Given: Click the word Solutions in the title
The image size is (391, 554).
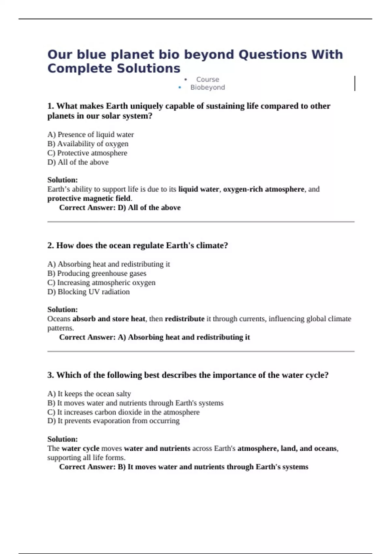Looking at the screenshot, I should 148,68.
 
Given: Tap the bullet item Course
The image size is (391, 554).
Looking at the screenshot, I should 208,80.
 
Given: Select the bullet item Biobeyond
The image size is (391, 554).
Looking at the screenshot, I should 208,87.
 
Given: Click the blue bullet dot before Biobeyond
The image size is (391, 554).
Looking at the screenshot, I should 180,87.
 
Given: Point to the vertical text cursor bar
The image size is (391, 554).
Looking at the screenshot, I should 355,83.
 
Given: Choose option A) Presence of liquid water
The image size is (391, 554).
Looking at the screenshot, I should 91,135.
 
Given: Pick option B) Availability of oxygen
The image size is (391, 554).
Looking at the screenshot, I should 88,144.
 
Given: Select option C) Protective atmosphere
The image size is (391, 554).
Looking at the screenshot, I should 87,153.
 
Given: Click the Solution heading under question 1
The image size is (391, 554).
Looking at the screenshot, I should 63,180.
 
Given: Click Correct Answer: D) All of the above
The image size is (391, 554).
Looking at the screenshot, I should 120,208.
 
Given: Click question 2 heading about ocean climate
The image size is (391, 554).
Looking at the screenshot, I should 138,245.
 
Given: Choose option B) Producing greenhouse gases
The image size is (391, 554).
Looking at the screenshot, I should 97,273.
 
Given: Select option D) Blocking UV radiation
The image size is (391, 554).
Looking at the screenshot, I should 89,292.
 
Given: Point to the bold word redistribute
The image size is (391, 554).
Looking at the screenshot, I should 184,319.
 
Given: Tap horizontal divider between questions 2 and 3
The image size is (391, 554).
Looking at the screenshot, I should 201,352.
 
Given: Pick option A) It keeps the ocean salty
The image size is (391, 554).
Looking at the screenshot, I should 89,394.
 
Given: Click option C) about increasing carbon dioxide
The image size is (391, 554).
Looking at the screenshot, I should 123,412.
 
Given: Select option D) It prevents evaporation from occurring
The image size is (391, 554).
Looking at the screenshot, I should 113,421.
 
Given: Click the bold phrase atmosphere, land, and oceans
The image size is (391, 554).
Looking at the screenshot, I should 287,448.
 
